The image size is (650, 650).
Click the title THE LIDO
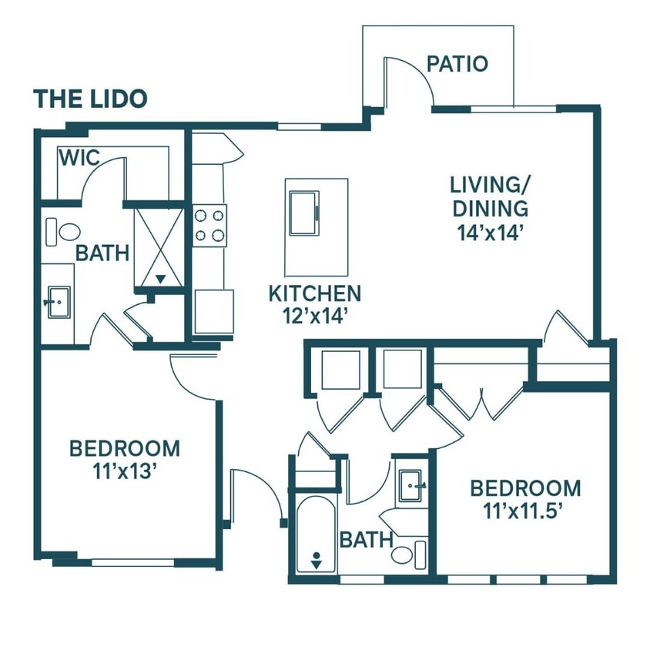pyautogui.click(x=90, y=99)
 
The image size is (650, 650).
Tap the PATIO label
pyautogui.click(x=457, y=64)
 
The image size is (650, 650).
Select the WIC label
pyautogui.click(x=79, y=158)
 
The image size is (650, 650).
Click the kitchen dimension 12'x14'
pyautogui.click(x=314, y=317)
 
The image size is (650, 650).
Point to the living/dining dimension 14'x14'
pyautogui.click(x=488, y=233)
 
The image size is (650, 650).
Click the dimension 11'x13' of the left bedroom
pyautogui.click(x=124, y=471)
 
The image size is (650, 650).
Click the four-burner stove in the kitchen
pyautogui.click(x=209, y=226)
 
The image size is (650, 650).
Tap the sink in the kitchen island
pyautogui.click(x=304, y=213)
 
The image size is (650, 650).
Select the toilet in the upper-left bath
pyautogui.click(x=63, y=232)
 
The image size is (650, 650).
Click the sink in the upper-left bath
pyautogui.click(x=59, y=302)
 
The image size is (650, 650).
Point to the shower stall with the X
pyautogui.click(x=159, y=247)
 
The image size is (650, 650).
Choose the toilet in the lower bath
pyautogui.click(x=409, y=555)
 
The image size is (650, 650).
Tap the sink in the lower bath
pyautogui.click(x=410, y=485)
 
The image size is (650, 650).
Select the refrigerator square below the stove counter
pyautogui.click(x=214, y=311)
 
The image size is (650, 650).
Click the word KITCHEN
pyautogui.click(x=315, y=293)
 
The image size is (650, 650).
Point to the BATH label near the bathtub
pyautogui.click(x=366, y=540)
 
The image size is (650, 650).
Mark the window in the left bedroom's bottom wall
pyautogui.click(x=132, y=562)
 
